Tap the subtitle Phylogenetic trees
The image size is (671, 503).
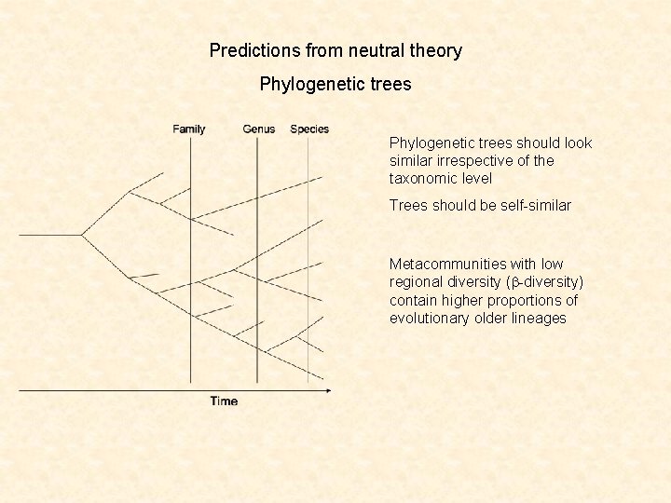coord(335,85)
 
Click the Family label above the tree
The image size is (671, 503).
coord(189,129)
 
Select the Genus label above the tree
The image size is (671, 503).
coord(258,129)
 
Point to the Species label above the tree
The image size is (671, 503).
coord(309,129)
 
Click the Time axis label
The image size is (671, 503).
coord(224,401)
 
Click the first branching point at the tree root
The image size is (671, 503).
coord(82,235)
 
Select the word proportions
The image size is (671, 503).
coord(528,300)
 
